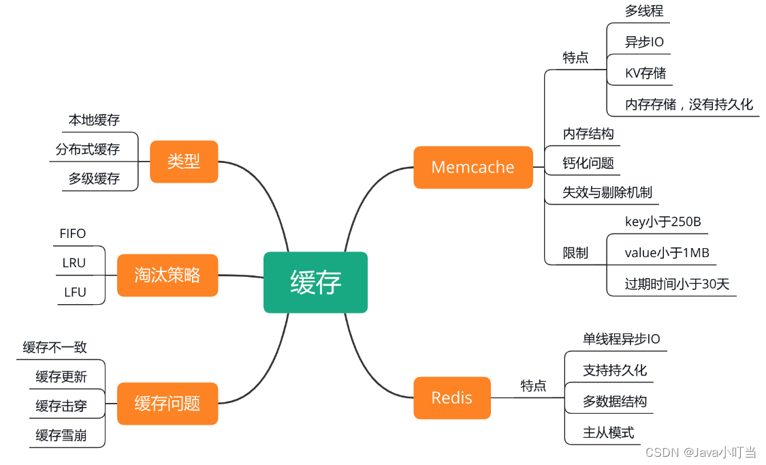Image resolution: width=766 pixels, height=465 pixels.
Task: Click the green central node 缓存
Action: point(315,282)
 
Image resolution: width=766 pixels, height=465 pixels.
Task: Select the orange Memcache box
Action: point(473,167)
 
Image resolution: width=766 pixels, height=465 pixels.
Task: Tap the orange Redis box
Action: point(451,397)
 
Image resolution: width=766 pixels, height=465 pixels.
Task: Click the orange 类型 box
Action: point(184,162)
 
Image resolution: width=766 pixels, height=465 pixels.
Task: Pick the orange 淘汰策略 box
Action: point(167,275)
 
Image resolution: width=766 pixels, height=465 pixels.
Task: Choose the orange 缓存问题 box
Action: point(167,403)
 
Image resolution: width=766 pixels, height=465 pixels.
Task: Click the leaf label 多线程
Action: point(643,11)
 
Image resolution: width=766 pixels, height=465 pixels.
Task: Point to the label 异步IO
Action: point(644,42)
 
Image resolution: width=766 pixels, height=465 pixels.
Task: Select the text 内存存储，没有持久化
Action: point(689,104)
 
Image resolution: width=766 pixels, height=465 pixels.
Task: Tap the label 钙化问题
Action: point(588,163)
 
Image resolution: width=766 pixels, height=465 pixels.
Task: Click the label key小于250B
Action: point(663,221)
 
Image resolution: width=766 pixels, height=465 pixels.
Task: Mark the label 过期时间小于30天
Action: point(677,284)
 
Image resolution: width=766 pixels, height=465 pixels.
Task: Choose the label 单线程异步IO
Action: point(621,339)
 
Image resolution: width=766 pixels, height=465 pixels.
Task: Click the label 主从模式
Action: point(608,432)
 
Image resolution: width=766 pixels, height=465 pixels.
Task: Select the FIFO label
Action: point(73,234)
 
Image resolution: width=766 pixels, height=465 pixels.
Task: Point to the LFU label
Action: point(75,292)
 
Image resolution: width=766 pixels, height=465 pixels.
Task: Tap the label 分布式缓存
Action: point(88,149)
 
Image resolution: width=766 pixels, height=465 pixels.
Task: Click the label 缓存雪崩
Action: point(61,435)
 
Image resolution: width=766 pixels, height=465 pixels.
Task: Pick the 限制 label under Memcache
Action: point(575,253)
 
